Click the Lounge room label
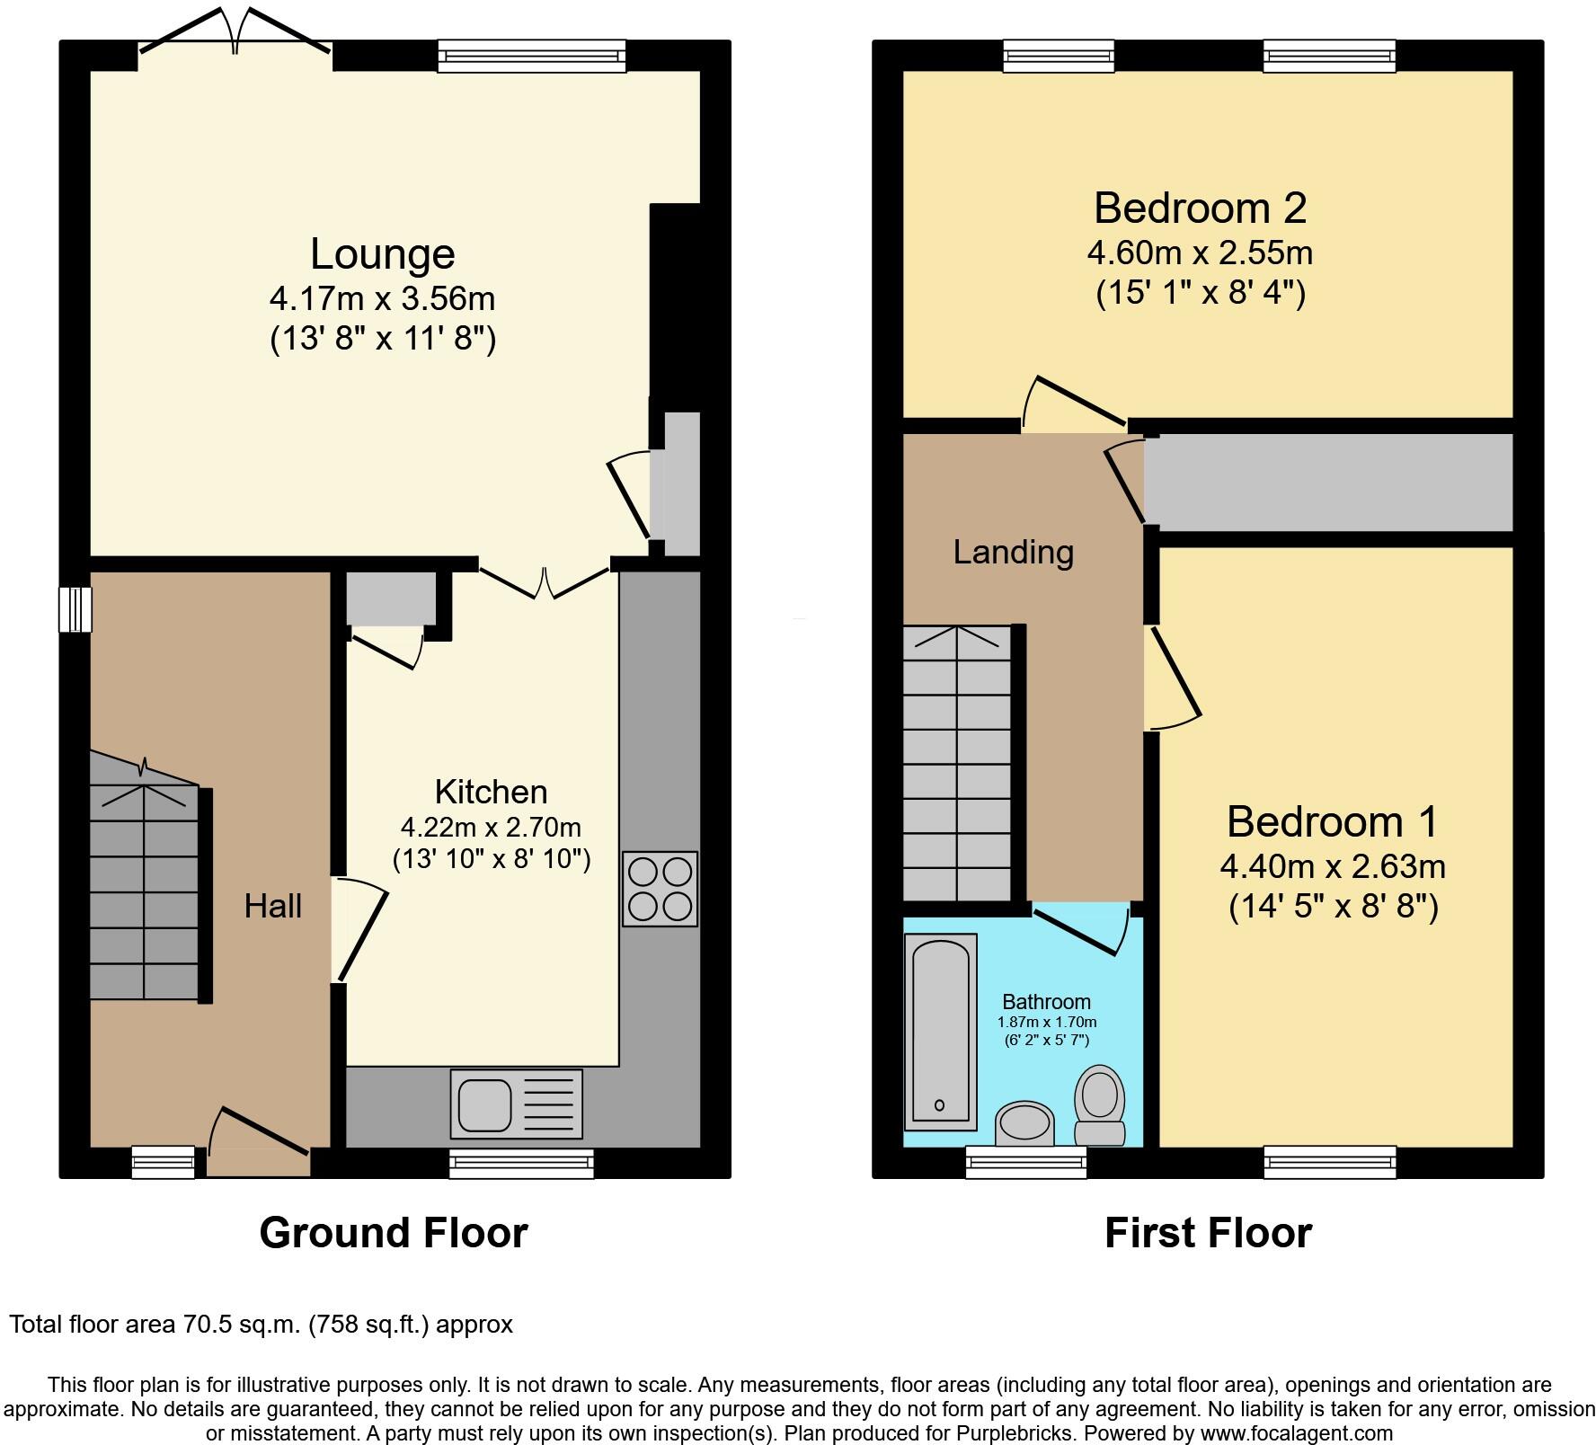(x=382, y=253)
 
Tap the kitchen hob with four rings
(x=660, y=888)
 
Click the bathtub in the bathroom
(x=941, y=1032)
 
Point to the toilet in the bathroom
(x=1100, y=1105)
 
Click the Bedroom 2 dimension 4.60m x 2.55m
(x=1199, y=253)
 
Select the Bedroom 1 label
(x=1332, y=821)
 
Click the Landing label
(x=1013, y=552)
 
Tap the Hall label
(x=272, y=906)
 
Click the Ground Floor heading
(x=393, y=1232)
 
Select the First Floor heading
(x=1207, y=1232)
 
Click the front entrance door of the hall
(x=259, y=1150)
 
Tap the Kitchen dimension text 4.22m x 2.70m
(x=491, y=827)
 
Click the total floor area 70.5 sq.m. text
(x=261, y=1324)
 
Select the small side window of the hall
(x=75, y=608)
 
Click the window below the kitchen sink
(x=521, y=1164)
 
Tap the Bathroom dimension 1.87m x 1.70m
(x=1046, y=1022)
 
